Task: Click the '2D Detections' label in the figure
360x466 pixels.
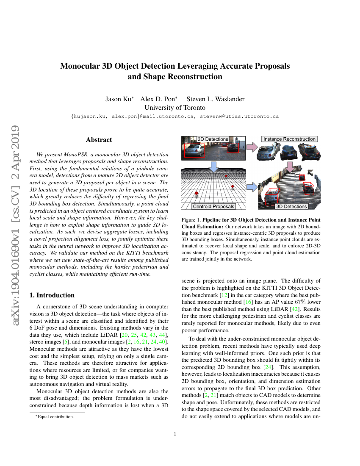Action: [213, 139]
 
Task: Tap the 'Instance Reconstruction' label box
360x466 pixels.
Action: [289, 139]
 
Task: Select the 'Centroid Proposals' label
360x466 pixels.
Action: [213, 206]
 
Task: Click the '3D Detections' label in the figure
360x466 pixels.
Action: [291, 206]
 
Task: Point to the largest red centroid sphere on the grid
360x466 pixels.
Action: [196, 194]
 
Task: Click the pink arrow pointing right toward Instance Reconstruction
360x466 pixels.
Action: [252, 147]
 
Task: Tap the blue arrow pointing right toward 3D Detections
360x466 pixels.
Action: [252, 186]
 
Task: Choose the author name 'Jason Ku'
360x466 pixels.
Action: [119, 99]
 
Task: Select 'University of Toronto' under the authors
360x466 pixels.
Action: [175, 108]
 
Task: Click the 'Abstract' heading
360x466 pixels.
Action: [99, 140]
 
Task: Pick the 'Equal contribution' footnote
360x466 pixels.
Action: [55, 416]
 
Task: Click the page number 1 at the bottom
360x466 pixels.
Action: [175, 434]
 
